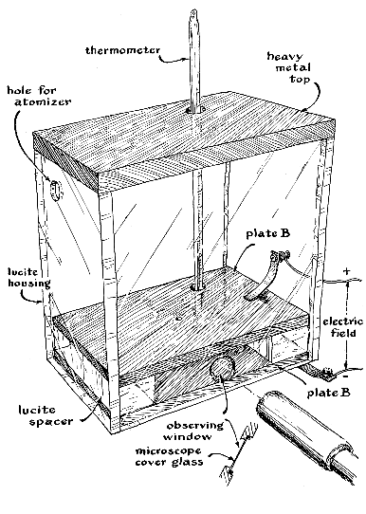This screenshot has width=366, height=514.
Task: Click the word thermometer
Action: [123, 50]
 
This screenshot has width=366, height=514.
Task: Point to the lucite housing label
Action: [29, 277]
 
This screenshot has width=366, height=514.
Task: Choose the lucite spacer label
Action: [46, 415]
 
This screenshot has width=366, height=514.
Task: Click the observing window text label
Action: [194, 431]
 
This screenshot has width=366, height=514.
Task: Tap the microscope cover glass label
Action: [169, 457]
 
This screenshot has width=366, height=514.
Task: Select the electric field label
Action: [342, 327]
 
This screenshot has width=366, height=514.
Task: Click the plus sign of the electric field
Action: [346, 271]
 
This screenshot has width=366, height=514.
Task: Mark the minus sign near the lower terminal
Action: [346, 376]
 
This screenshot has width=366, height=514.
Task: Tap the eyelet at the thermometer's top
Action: [194, 14]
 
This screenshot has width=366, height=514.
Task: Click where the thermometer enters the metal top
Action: [194, 111]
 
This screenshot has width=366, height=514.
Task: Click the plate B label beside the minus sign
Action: [328, 393]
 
